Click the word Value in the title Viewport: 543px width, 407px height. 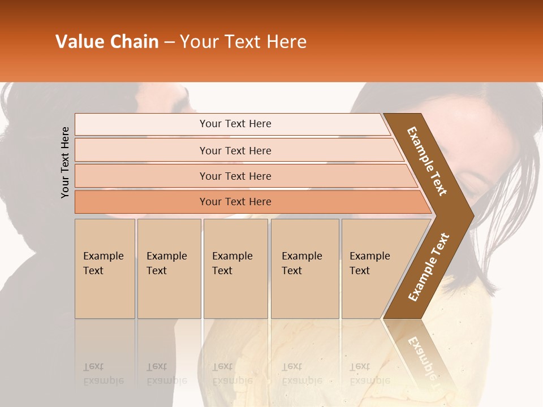point(78,42)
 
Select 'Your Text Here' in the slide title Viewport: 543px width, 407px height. point(243,42)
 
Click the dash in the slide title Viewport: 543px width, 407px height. point(169,42)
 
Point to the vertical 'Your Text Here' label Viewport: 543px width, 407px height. point(65,162)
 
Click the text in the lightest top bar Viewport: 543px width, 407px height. point(235,124)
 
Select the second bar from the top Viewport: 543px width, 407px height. point(235,150)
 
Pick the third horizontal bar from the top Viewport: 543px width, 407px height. point(235,176)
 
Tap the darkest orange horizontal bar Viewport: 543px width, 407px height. point(235,202)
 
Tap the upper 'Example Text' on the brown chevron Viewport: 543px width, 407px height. point(427,161)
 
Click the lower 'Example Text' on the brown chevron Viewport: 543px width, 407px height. point(429,267)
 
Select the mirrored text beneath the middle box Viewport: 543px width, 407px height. point(232,374)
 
